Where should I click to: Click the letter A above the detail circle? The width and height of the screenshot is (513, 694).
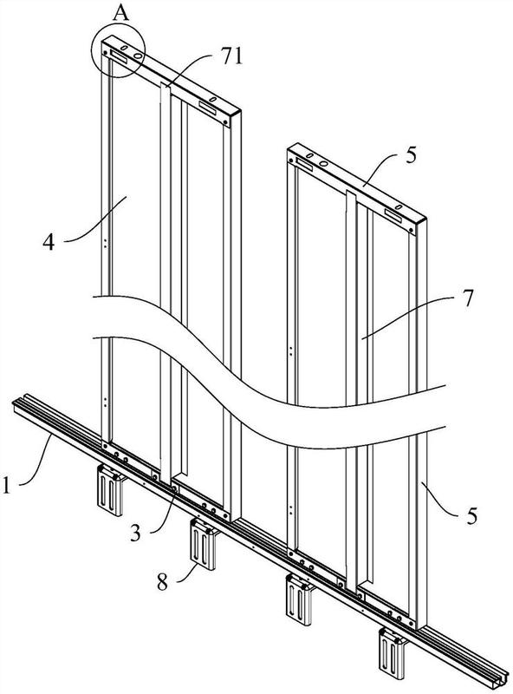click(x=121, y=13)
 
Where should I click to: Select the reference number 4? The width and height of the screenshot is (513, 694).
click(x=49, y=242)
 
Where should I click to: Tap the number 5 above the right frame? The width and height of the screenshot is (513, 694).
click(x=411, y=156)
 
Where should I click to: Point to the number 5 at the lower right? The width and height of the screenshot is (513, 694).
click(x=472, y=516)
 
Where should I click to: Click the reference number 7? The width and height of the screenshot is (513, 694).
click(x=467, y=298)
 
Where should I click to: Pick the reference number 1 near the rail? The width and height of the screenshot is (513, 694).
click(x=6, y=485)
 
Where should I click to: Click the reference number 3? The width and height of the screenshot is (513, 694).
click(x=135, y=534)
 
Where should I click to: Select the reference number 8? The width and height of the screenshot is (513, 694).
click(x=163, y=582)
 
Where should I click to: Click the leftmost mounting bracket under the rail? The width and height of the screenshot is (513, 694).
click(x=110, y=489)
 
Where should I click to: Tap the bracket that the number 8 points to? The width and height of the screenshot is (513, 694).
click(x=203, y=544)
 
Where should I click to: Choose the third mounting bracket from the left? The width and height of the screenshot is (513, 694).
click(x=300, y=599)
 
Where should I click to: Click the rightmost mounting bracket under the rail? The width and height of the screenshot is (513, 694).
click(x=393, y=653)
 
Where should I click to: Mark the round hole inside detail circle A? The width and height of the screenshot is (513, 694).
click(x=138, y=56)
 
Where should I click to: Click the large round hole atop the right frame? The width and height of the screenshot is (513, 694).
click(x=323, y=164)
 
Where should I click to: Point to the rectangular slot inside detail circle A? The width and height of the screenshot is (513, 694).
click(x=119, y=56)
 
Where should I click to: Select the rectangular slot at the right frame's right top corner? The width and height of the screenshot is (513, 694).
click(x=393, y=215)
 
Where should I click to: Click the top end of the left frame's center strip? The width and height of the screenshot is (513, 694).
click(x=166, y=84)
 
